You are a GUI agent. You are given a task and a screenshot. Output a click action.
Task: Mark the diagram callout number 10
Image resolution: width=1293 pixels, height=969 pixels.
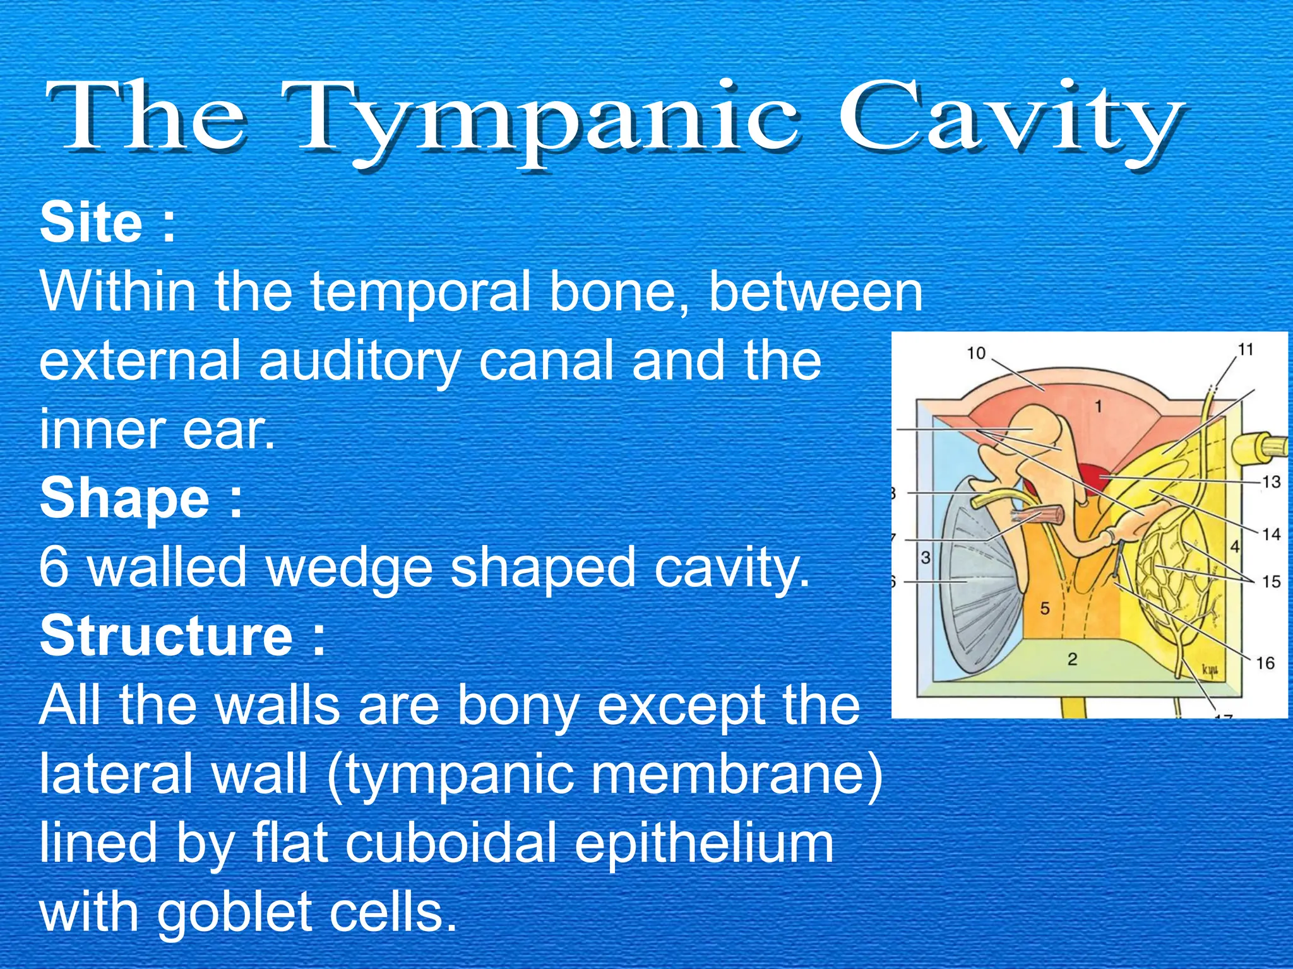coord(976,353)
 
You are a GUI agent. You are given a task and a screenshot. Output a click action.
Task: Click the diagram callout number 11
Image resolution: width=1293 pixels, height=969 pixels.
coord(1245,349)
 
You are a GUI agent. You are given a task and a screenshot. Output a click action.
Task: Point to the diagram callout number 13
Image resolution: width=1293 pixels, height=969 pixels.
coord(1270,482)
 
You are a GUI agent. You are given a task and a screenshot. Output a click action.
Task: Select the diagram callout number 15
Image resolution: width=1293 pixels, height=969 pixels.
coord(1270,581)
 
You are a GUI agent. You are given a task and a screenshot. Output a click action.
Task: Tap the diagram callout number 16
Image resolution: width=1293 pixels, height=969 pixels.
coord(1265,663)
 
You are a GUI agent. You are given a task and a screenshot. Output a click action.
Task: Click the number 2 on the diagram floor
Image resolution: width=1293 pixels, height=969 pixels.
coord(1072,660)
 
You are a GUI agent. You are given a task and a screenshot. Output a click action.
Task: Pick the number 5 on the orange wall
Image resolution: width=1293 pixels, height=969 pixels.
coord(1045,609)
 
